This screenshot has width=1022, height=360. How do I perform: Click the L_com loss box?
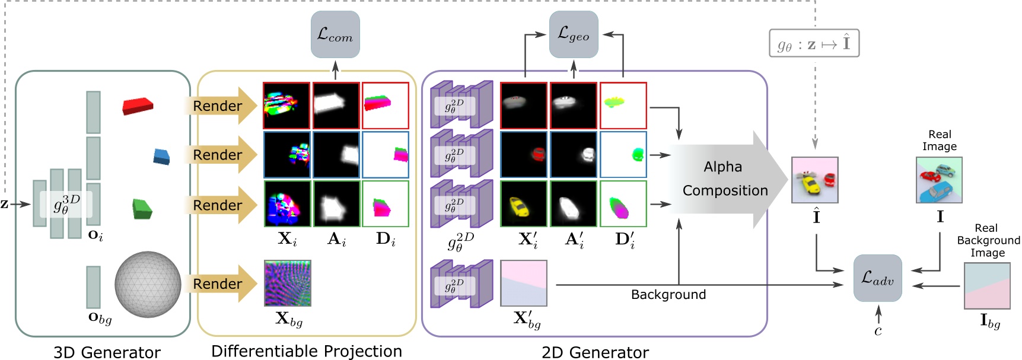[335, 34]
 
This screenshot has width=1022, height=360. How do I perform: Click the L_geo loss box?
[574, 34]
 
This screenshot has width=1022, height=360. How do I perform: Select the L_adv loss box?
[877, 278]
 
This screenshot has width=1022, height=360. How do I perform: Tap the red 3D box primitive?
[138, 107]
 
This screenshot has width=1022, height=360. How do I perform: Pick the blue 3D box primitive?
[161, 157]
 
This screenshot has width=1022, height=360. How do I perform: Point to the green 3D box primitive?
[142, 208]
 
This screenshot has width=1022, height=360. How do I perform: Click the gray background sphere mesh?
[148, 284]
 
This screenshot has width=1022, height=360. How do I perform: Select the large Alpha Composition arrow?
[724, 179]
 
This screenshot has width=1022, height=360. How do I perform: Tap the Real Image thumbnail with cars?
[939, 180]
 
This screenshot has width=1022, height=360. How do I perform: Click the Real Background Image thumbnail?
[987, 285]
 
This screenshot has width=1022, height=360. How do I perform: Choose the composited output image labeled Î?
[814, 180]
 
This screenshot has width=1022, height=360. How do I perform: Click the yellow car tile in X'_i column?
[524, 204]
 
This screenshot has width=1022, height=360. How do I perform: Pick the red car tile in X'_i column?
[524, 155]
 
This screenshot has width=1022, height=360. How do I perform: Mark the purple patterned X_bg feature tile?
[288, 283]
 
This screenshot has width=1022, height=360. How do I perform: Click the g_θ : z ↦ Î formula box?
[814, 43]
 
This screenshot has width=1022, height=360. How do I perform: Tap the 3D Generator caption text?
[107, 352]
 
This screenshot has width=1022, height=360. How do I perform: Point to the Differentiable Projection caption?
[306, 351]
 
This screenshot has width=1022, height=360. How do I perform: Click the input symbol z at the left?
[5, 204]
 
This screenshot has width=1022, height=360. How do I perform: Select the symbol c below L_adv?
[878, 331]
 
